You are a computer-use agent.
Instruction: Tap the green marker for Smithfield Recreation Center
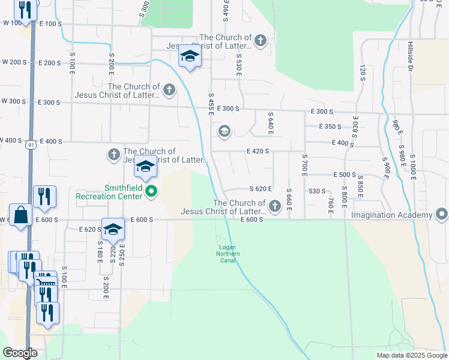coord(151,192)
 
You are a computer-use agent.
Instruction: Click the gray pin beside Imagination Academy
coord(442,214)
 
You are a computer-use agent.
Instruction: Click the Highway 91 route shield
coord(30,145)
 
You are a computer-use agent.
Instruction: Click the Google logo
coord(20,353)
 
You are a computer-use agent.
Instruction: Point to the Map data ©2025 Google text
coord(411,355)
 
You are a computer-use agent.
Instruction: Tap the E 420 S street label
coord(257,152)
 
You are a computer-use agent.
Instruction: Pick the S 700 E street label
coord(304,164)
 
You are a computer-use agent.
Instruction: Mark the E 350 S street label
coord(330,127)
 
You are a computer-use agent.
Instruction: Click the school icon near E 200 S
coord(190,57)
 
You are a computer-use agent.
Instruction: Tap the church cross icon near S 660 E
coord(275,206)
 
